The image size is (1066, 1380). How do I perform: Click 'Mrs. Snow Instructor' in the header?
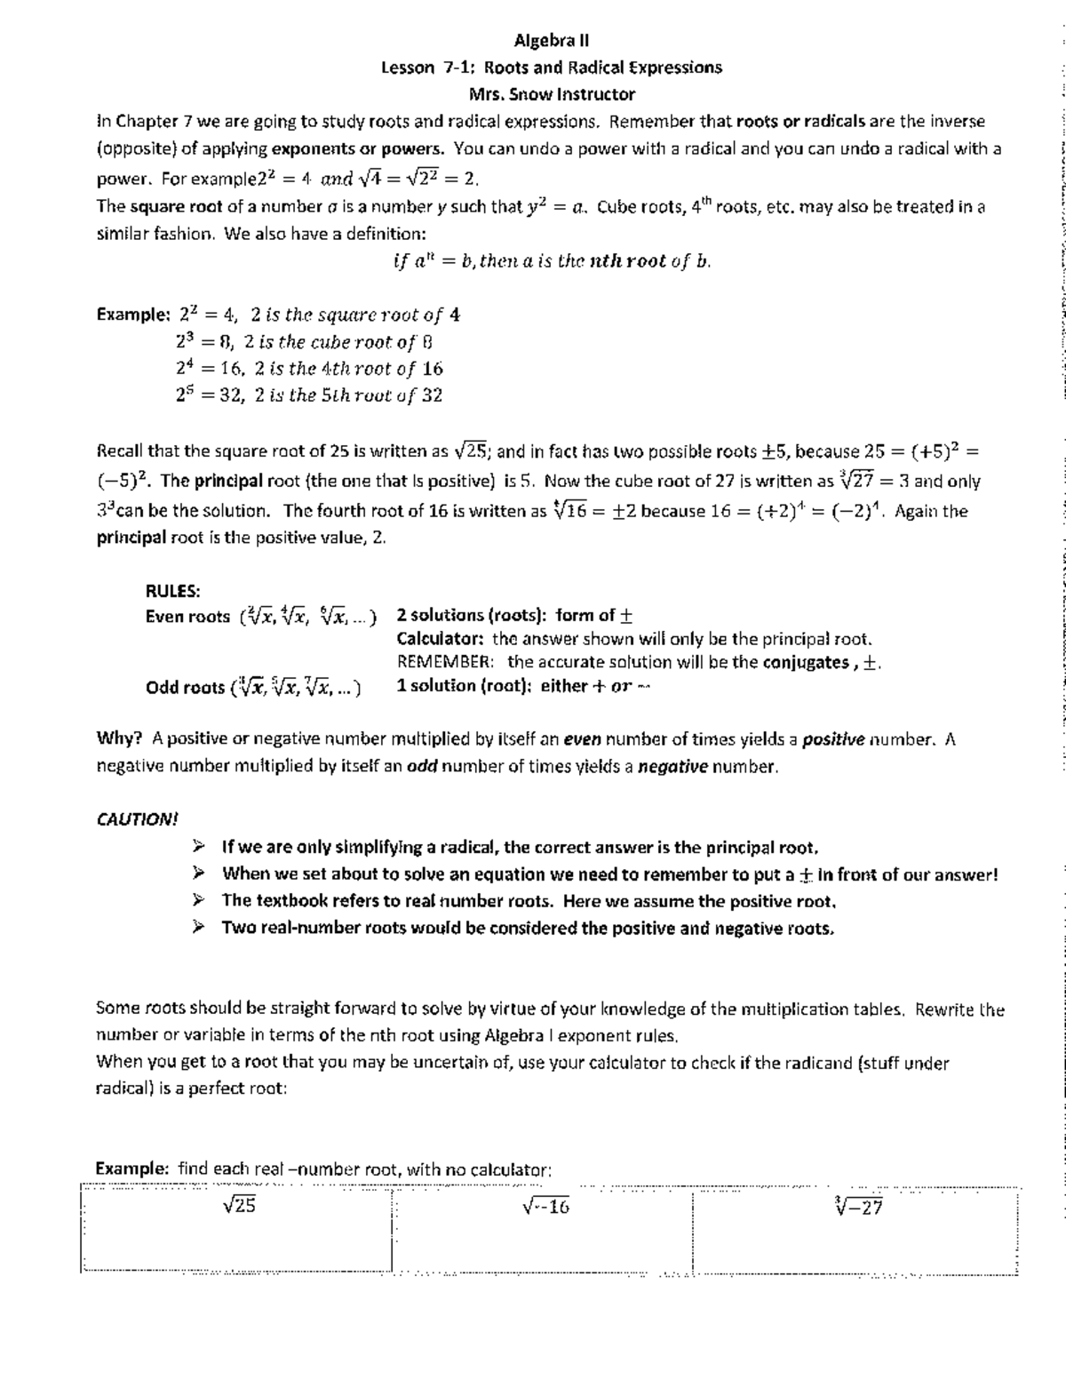[x=551, y=94]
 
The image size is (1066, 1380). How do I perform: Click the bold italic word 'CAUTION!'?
[x=137, y=819]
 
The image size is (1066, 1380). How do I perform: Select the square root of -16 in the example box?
[x=545, y=1206]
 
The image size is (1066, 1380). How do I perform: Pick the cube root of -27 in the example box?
[x=858, y=1206]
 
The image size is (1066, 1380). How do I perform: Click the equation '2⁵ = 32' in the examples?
[x=210, y=395]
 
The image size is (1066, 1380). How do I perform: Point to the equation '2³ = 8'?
[x=203, y=342]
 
